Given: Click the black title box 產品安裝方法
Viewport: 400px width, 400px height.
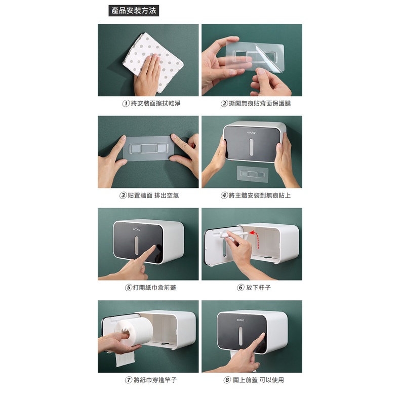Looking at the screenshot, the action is [134, 11].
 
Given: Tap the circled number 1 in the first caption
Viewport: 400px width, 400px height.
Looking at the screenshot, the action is [126, 104].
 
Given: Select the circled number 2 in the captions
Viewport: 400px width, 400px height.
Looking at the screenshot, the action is [224, 104].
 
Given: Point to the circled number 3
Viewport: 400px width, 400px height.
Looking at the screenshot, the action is [123, 195].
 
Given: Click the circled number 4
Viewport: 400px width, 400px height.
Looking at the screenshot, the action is [224, 195].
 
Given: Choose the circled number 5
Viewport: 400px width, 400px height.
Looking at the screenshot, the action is [129, 288].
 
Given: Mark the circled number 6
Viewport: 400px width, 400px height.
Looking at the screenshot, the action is [241, 288].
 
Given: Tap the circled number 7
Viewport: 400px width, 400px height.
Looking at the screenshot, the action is [129, 380].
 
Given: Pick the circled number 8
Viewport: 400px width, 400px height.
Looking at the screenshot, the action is [227, 380].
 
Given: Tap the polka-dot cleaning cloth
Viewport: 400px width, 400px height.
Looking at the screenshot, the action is [153, 62].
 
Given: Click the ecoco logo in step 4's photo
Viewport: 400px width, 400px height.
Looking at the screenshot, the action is [251, 133].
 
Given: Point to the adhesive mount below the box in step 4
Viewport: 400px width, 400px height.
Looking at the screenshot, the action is [252, 174].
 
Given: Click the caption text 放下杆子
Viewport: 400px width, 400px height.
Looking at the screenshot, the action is [258, 288].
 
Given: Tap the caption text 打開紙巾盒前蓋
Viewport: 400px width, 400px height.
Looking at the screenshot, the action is [154, 288].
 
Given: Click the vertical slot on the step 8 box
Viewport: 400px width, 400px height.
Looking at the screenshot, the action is [241, 336].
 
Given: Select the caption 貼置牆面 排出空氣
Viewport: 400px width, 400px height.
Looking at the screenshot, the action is [153, 195].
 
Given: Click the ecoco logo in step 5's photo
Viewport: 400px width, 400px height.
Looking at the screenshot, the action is [137, 229].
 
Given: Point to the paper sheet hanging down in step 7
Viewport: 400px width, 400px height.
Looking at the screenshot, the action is [125, 359].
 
